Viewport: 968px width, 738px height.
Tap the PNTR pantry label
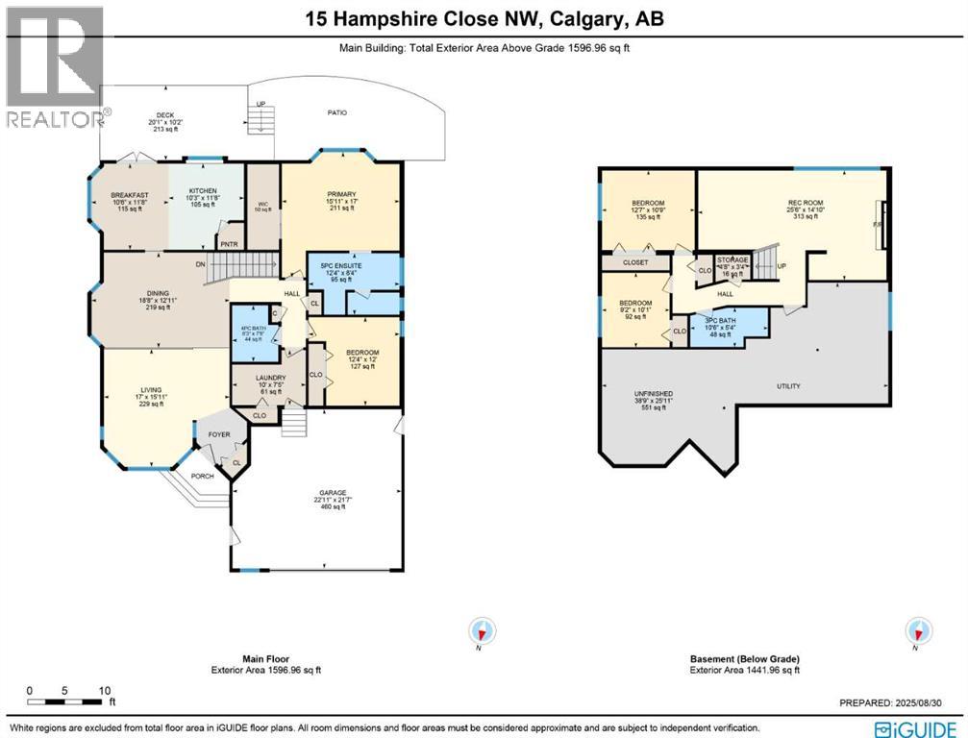coord(229,244)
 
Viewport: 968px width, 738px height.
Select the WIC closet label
coord(262,204)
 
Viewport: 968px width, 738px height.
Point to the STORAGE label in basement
coord(732,259)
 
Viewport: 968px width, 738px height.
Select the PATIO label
coord(335,113)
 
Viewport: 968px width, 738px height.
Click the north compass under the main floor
coord(483,631)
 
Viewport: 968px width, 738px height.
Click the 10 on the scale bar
coord(105,691)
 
